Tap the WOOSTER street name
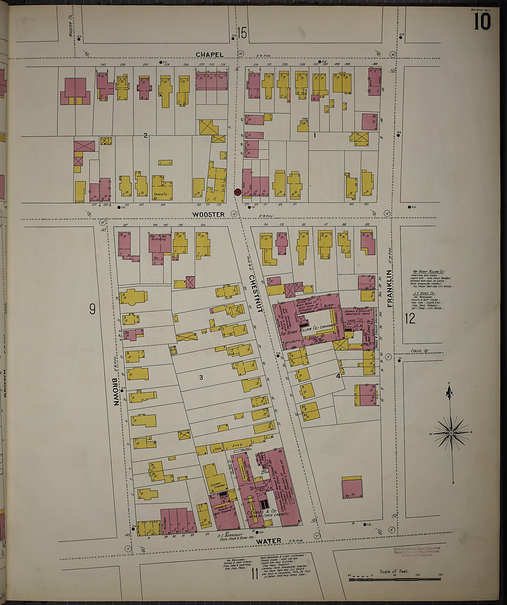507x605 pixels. click(208, 214)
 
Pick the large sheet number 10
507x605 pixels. click(482, 23)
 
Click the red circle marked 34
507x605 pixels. click(237, 192)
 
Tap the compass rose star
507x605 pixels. click(451, 433)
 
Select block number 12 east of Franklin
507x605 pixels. click(410, 319)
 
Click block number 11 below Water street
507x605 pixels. click(254, 574)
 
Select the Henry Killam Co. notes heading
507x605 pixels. click(429, 272)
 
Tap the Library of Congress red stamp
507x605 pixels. click(417, 551)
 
